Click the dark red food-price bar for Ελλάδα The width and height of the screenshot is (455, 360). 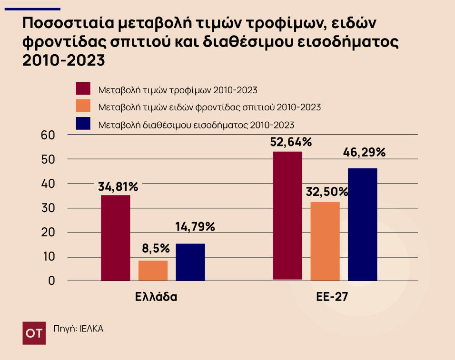[x=116, y=238]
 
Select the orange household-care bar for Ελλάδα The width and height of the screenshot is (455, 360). [x=153, y=270]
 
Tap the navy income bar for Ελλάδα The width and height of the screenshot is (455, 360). [x=190, y=262]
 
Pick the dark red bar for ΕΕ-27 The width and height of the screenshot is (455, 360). [x=287, y=215]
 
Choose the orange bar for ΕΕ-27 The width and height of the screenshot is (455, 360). [x=325, y=241]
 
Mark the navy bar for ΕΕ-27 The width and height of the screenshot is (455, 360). [x=362, y=224]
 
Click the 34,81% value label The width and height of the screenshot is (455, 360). [x=118, y=187]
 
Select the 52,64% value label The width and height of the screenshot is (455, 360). [x=290, y=142]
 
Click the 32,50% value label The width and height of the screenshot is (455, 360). [x=327, y=192]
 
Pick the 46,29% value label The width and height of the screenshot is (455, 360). [x=365, y=153]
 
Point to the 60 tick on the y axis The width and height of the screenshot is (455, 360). [x=49, y=135]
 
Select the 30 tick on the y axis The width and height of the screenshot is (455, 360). [x=49, y=208]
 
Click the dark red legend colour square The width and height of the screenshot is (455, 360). [x=83, y=89]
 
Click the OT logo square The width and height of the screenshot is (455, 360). [x=34, y=333]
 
